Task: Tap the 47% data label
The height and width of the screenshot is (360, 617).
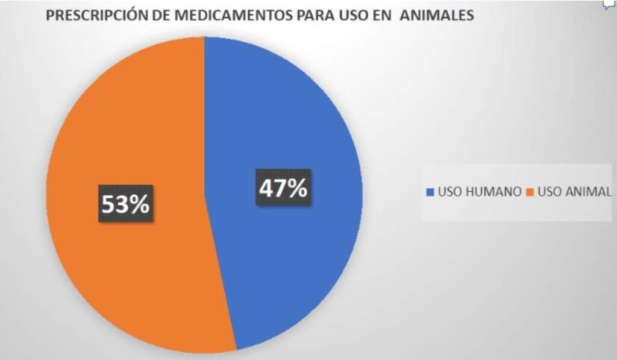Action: [283, 189]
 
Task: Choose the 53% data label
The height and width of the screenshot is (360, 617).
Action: [125, 204]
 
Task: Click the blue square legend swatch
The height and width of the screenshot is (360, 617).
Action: [430, 192]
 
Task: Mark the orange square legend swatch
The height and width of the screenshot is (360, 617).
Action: [530, 192]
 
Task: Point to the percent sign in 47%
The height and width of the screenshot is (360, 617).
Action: [296, 189]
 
